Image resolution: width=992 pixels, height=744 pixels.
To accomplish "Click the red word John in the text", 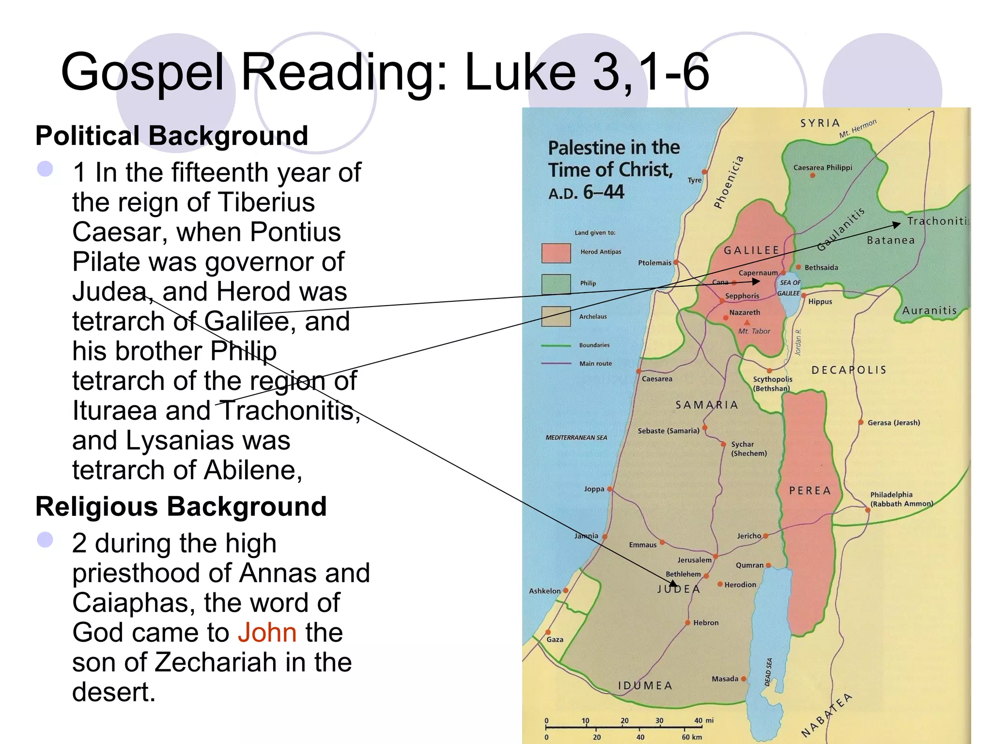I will coord(267,633).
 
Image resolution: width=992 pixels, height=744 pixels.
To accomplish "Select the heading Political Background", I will coord(171,136).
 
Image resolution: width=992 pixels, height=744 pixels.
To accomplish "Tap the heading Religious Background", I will coord(181,507).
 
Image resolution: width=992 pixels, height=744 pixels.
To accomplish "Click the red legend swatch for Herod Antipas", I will coord(556,253).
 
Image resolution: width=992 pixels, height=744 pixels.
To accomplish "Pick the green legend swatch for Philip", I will coord(556,284).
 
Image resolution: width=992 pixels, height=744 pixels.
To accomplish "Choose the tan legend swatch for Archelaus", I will coord(556,317).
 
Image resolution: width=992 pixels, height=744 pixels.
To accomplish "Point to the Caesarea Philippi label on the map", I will coord(822,168).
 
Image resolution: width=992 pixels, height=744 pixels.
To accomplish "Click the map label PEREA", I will coord(810,491).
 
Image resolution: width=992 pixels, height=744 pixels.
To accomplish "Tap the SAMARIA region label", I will coord(707,405).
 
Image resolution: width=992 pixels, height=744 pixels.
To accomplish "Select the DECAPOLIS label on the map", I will coord(849,370).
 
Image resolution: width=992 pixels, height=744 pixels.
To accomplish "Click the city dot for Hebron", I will coord(687,622).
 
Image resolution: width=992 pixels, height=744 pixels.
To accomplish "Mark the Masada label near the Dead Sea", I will coord(725,679).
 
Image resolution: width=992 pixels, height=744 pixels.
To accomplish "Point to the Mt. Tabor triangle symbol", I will coord(747,323).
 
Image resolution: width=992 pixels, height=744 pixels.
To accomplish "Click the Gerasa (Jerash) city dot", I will coord(861,422).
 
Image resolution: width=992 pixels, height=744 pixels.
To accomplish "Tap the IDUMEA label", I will coord(645,685).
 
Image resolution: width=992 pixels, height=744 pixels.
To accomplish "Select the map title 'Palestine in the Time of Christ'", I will coord(614,158).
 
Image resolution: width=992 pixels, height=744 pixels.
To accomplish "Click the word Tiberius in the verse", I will coord(266,202).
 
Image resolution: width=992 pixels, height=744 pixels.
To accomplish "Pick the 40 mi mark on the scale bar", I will coord(698,721).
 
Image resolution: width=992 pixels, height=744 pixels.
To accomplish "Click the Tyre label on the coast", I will coord(695,180).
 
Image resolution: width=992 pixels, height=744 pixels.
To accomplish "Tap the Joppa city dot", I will coord(610,489).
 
